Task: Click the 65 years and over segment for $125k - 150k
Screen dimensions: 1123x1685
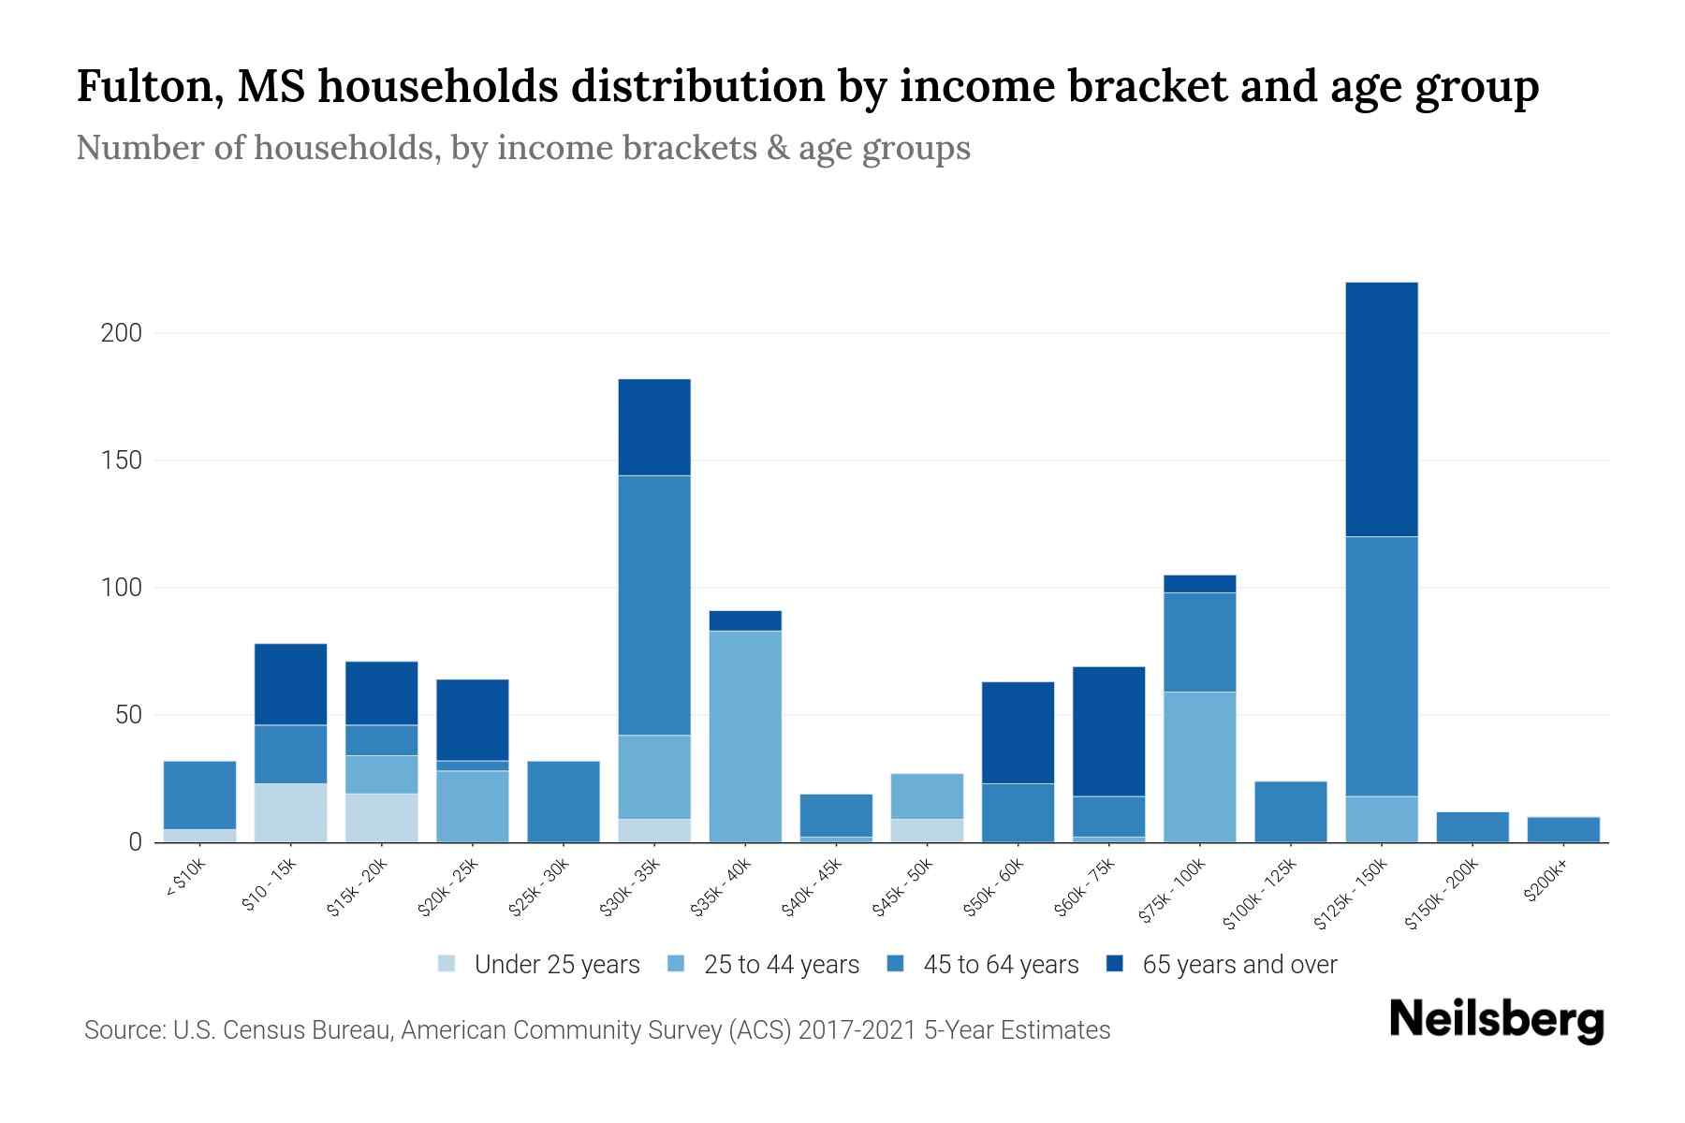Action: point(1382,409)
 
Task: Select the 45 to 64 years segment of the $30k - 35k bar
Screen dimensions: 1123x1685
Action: point(654,605)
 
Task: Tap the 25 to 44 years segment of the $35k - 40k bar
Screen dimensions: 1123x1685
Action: point(745,736)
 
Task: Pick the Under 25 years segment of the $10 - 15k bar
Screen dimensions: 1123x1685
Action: point(290,812)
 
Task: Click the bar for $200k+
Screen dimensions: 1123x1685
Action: point(1563,829)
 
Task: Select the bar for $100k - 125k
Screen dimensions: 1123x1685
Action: point(1291,811)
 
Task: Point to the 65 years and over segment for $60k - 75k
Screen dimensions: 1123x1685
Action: point(1108,731)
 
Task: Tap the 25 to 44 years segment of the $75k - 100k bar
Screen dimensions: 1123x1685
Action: point(1199,766)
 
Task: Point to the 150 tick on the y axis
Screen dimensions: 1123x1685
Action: point(121,460)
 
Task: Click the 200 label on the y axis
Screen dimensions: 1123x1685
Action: point(121,333)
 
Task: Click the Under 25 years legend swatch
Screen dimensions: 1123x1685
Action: point(447,964)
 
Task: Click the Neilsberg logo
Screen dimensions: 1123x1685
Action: point(1495,1021)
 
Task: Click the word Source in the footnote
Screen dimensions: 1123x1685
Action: point(122,1030)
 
